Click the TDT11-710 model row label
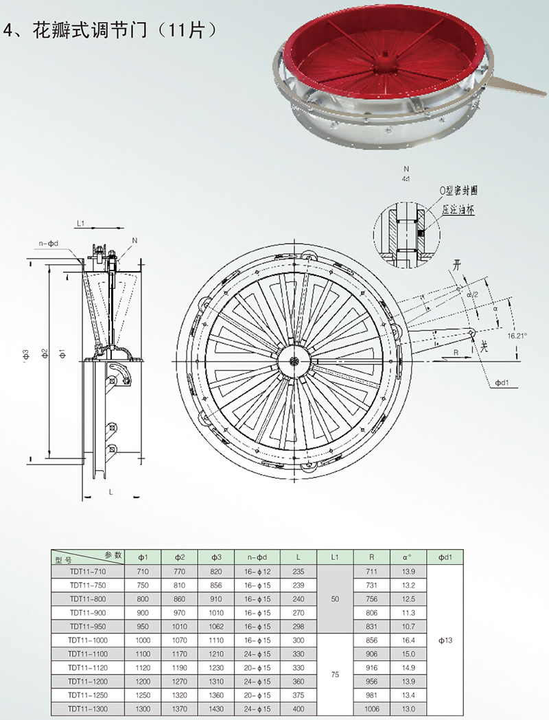point(88,572)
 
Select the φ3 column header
point(216,557)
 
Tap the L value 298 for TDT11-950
point(299,627)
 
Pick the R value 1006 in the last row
point(372,709)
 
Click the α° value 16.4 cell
point(408,640)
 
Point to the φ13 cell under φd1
point(445,640)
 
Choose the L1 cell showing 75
point(335,675)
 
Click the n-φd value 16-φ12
point(257,572)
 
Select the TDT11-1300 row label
point(88,709)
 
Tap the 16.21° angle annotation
point(517,336)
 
